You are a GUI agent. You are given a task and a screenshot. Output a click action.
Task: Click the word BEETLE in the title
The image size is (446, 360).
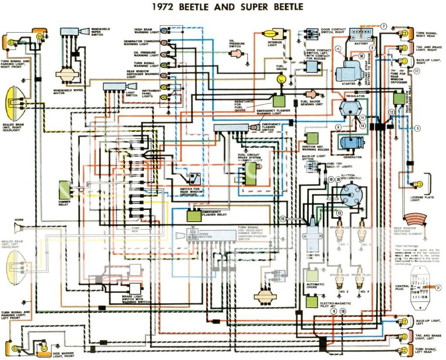pos(196,7)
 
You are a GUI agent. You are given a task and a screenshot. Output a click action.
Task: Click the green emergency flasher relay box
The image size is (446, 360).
pos(194,215)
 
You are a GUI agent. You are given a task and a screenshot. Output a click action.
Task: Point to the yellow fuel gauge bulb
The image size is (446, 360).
pos(281,78)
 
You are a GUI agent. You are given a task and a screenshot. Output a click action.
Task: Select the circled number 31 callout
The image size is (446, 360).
pos(438,287)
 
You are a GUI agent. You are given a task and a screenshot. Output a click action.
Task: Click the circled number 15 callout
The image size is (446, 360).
pos(283,219)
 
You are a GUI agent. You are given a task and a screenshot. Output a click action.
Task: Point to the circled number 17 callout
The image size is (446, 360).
pos(417,71)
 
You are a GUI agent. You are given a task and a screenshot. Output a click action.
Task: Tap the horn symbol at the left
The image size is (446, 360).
pos(19,226)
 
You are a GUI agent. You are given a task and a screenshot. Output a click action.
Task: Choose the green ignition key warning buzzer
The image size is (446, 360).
pos(312,138)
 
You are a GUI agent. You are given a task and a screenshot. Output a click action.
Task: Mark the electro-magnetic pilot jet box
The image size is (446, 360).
pos(312,301)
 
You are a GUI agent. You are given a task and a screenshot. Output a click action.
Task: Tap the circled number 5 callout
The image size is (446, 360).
pos(417,128)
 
